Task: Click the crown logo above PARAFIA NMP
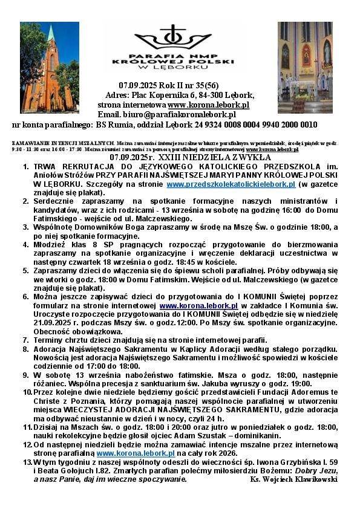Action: (x=175, y=36)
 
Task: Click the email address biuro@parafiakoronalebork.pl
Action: (x=184, y=114)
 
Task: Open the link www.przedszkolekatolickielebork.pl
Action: (x=231, y=184)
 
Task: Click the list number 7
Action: (x=26, y=340)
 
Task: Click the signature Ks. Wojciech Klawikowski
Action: (x=293, y=479)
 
